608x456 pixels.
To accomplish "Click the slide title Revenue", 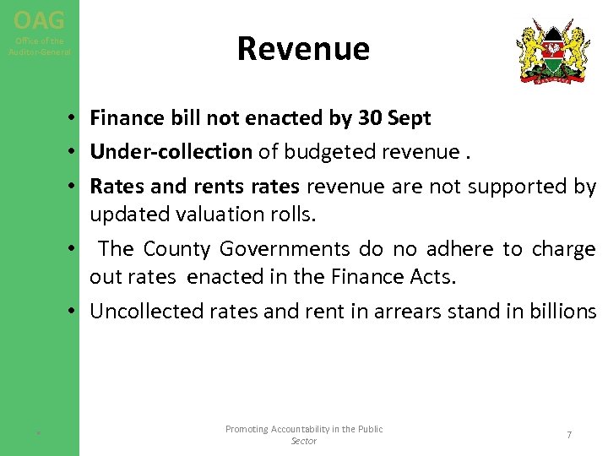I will (303, 49).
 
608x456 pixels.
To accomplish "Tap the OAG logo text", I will (39, 19).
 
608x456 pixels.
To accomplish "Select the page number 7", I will (569, 435).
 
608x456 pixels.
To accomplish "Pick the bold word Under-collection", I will (171, 151).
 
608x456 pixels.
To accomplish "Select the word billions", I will (561, 311).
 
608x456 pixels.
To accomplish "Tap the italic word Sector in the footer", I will (303, 441).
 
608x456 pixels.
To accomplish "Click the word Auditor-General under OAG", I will (40, 52).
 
